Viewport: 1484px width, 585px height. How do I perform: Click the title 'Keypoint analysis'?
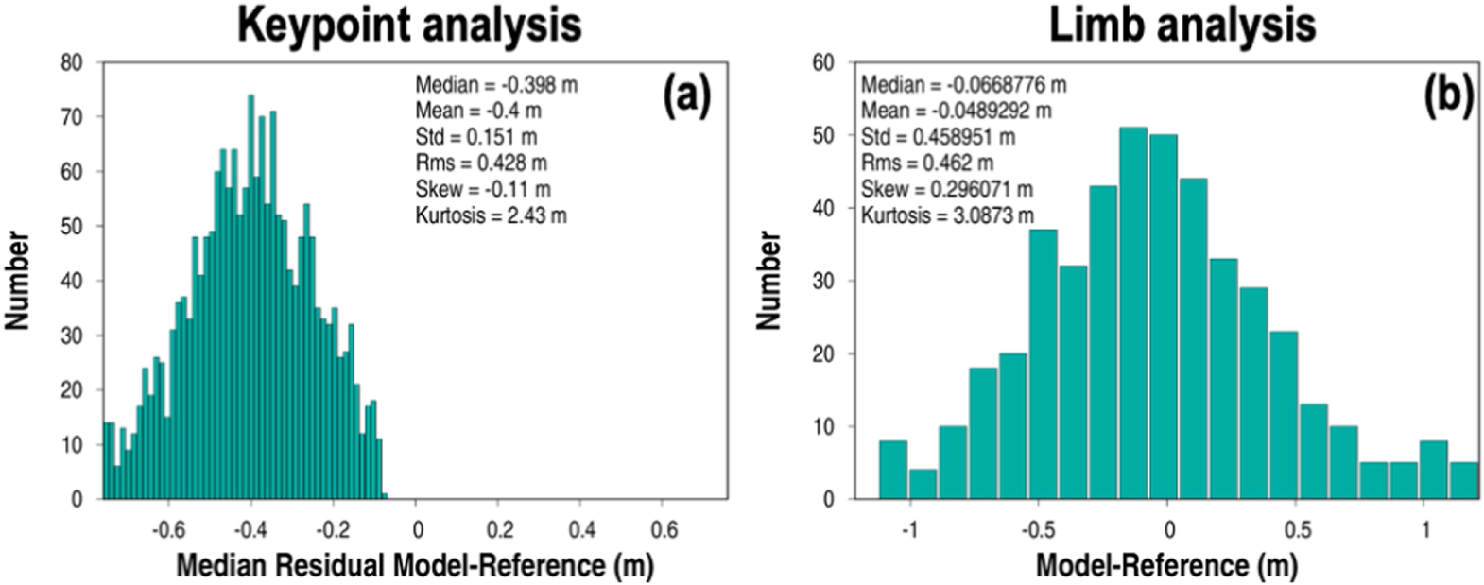pos(409,26)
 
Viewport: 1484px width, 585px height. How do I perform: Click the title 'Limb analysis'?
pos(1182,26)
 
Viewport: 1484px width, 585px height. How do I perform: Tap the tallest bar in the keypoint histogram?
pos(251,297)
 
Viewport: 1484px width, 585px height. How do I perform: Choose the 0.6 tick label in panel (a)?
pos(664,529)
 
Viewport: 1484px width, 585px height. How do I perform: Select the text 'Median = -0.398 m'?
pos(497,85)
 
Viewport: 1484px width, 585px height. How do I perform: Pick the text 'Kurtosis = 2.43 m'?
pos(492,215)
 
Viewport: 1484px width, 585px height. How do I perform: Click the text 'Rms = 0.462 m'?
pos(927,163)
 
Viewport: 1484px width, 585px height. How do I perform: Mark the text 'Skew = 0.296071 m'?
pos(947,189)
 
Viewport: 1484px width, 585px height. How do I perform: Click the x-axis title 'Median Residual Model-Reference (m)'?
pos(415,566)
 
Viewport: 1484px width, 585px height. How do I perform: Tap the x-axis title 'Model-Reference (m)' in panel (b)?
pos(1166,566)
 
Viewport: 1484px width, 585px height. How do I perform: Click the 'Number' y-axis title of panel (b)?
pos(768,281)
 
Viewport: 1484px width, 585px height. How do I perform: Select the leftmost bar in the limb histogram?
pos(894,470)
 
